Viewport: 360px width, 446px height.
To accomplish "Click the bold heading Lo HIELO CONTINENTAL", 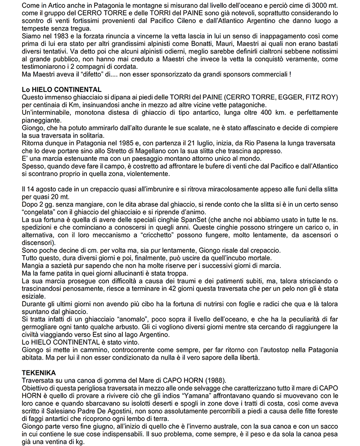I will pos(62,90).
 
